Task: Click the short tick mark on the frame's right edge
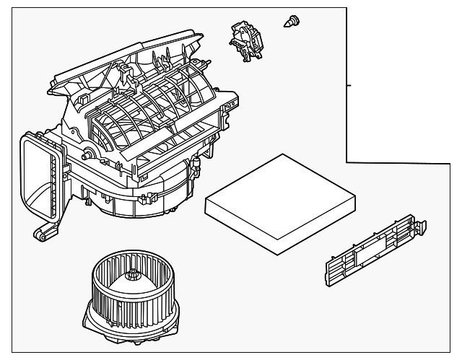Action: [x=349, y=85]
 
